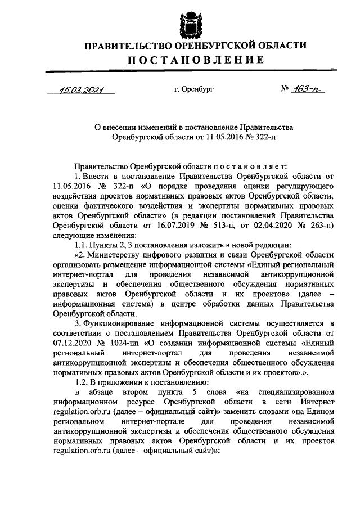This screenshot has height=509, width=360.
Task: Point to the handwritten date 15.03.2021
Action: (81, 89)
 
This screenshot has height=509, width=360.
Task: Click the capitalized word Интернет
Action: (318, 403)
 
